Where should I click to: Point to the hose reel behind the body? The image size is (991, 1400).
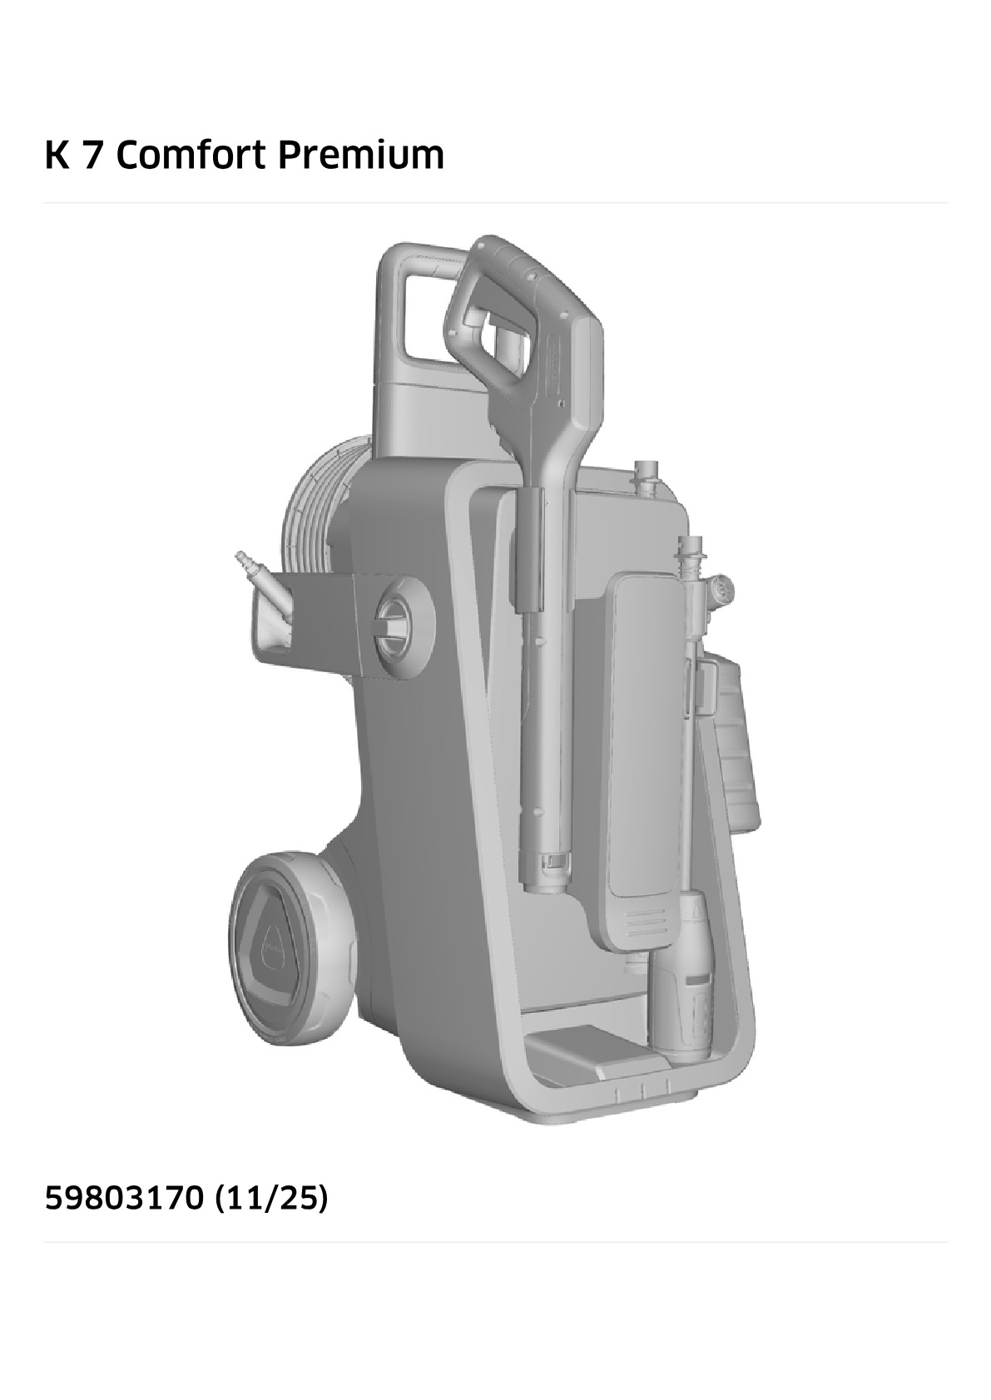319,519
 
